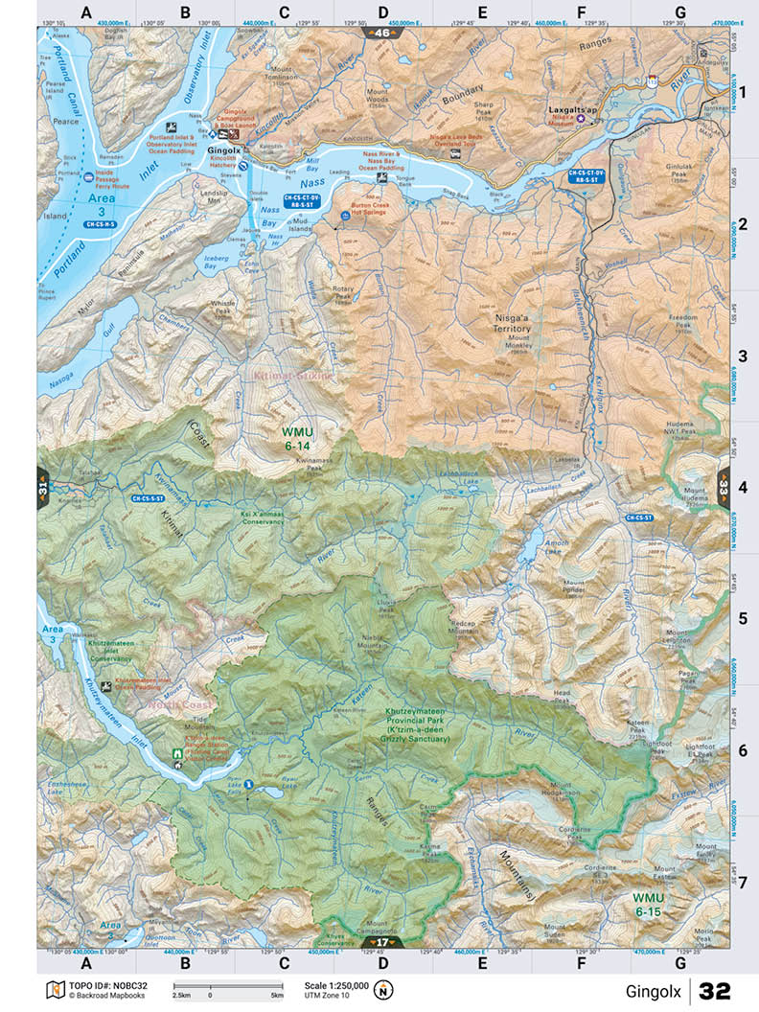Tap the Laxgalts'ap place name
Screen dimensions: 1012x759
coord(573,109)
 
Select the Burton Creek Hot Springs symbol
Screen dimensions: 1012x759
coord(343,216)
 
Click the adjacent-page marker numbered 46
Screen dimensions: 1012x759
coord(382,33)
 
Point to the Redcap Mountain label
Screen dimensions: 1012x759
coord(465,627)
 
